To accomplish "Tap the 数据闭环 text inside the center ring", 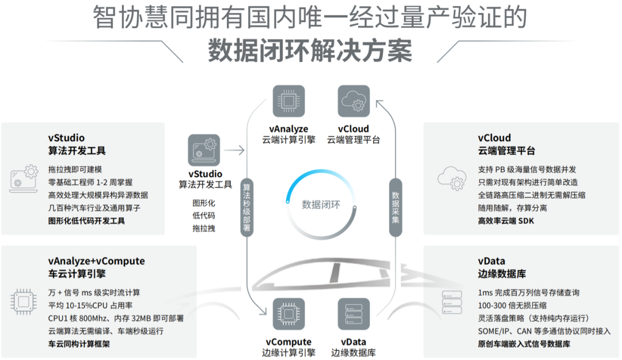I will point(321,204).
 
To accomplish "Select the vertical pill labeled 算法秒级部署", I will point(247,207).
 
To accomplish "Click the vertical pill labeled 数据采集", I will point(395,207).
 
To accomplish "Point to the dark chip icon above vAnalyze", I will point(289,101).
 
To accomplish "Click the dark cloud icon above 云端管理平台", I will point(354,101).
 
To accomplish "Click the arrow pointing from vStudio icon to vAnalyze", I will point(233,151).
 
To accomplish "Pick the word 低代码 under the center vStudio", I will point(203,215).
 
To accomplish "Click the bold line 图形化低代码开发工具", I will point(86,221).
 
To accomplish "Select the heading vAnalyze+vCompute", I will point(96,261).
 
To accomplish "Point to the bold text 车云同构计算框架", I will point(79,344).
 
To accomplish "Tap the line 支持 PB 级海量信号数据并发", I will point(527,169).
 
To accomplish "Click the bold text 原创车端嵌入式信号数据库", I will point(524,344).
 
